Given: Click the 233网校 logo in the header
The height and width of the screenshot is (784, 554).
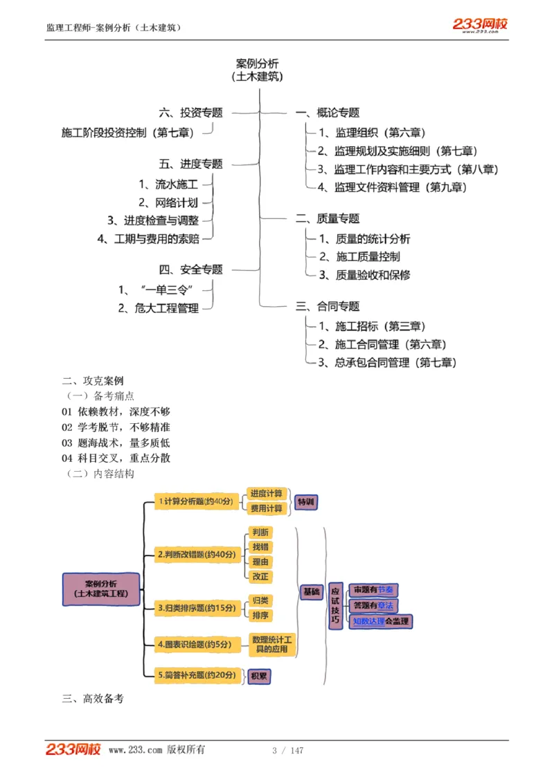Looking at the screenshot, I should click(480, 25).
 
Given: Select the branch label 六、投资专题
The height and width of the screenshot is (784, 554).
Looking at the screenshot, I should click(191, 113).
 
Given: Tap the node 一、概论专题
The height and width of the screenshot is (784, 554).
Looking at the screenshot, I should click(328, 113).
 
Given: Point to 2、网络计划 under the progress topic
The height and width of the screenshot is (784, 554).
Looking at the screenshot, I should click(168, 203).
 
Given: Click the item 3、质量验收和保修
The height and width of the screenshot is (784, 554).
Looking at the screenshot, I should click(364, 275).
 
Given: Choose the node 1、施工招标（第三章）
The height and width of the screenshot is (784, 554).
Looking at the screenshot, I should click(372, 326).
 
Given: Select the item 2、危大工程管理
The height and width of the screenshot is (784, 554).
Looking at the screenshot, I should click(158, 308).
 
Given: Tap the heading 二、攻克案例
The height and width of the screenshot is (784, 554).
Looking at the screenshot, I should click(93, 381).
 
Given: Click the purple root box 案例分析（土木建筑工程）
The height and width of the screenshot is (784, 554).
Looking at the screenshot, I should click(101, 589).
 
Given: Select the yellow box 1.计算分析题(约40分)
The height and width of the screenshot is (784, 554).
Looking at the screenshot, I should click(196, 501).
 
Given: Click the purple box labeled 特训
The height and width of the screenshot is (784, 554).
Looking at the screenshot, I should click(305, 502).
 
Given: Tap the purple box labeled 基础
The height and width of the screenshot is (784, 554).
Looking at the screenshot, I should click(312, 592).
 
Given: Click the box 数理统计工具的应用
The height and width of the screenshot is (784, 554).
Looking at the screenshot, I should click(272, 645).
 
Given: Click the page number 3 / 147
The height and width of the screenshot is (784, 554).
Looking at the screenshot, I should click(287, 751).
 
